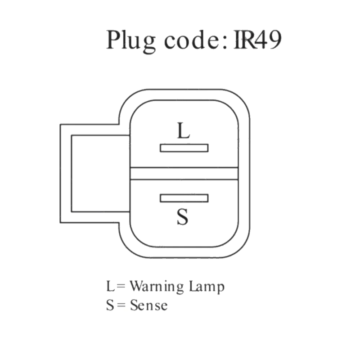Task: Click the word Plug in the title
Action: coord(131,42)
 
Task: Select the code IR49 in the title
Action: coord(257,40)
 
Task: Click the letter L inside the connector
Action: coord(183,130)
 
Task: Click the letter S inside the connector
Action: coord(183,217)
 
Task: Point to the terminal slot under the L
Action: coord(184,148)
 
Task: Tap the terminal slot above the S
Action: coord(184,198)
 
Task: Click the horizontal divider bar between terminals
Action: coord(184,173)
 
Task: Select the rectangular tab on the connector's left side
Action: coord(66,173)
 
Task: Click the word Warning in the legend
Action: coord(157,287)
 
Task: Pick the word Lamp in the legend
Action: coord(207,287)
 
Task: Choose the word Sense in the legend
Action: coord(149,306)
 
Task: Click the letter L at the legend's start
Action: coord(110,287)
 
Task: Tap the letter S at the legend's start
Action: coord(110,306)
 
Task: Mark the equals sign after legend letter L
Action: coord(121,287)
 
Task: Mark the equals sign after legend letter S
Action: coord(121,306)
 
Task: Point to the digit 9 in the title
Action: coord(274,40)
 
